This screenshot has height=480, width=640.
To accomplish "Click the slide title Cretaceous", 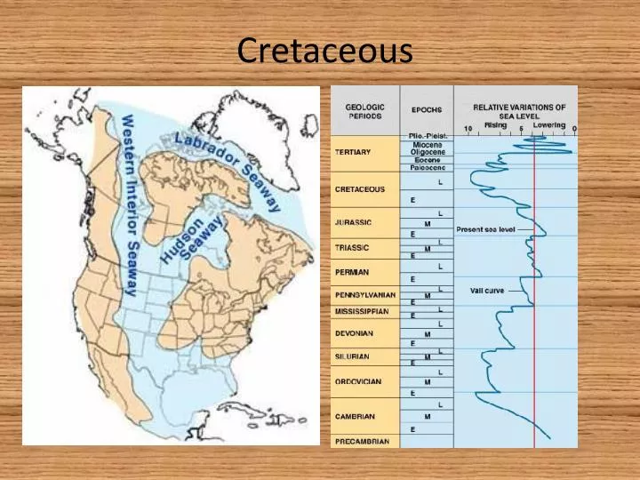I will (x=324, y=51).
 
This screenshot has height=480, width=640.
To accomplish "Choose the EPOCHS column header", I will (x=427, y=110).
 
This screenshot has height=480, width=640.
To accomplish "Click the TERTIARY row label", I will (x=354, y=151).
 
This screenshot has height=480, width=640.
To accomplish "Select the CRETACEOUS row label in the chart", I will (x=360, y=188).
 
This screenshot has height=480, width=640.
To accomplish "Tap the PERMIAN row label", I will (x=352, y=272).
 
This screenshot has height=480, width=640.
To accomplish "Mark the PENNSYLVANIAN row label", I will (x=364, y=294).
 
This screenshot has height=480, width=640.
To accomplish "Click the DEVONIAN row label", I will (x=355, y=333).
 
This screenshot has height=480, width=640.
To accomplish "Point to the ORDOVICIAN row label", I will (x=358, y=381).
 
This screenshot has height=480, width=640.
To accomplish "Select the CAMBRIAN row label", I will (x=355, y=416).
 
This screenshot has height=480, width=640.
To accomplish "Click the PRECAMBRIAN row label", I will (x=361, y=441).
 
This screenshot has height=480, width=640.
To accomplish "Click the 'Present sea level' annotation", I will (x=485, y=229).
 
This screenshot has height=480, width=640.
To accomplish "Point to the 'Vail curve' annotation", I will (x=487, y=292).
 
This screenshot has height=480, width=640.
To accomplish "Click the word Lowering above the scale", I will (x=548, y=124).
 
